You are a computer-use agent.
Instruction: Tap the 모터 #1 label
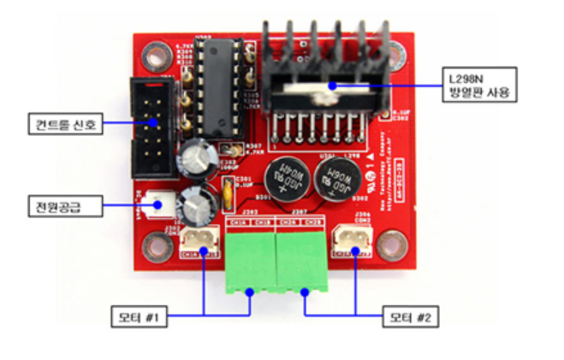[x=140, y=319]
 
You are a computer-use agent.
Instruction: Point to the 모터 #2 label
[x=410, y=319]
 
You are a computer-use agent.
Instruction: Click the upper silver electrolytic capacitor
[x=193, y=159]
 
